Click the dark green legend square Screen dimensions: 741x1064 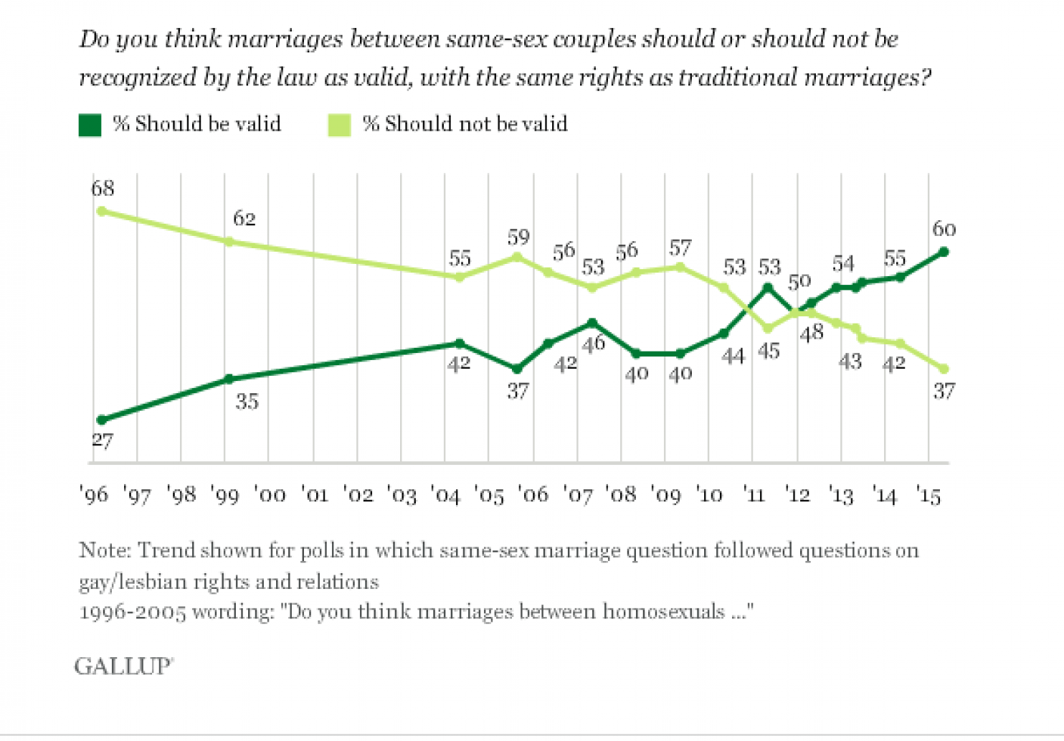[90, 125]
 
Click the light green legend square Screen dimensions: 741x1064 [339, 125]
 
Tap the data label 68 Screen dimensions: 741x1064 [103, 189]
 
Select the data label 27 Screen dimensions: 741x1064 [103, 440]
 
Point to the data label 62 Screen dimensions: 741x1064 [244, 218]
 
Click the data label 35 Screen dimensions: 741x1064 [247, 402]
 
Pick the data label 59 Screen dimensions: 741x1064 [518, 237]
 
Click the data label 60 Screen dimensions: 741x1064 [944, 229]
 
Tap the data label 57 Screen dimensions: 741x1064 [680, 248]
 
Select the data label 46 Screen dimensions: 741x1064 [593, 344]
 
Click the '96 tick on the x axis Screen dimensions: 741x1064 [93, 495]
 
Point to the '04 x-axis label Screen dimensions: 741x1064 [445, 495]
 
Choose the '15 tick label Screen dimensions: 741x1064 [928, 495]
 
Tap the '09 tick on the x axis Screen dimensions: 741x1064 [665, 495]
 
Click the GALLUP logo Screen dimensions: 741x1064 [123, 666]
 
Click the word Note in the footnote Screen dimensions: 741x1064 [104, 550]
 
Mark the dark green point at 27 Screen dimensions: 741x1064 [102, 420]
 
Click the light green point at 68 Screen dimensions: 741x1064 [102, 211]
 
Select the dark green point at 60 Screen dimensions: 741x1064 [944, 252]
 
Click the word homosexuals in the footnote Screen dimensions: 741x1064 [663, 612]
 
